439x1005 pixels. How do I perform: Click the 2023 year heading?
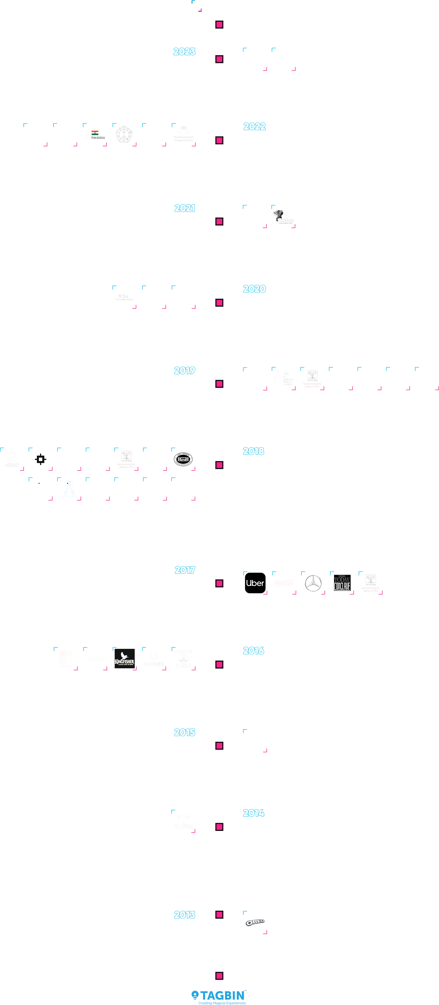pos(184,51)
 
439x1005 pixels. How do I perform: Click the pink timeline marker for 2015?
pos(219,745)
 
